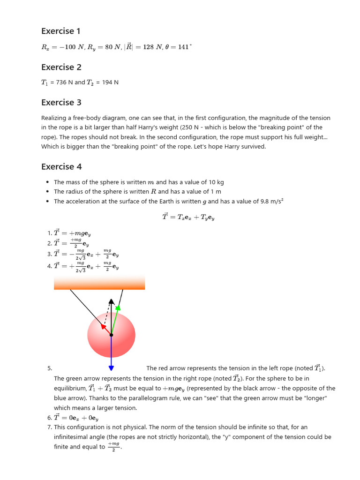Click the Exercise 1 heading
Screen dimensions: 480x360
61,31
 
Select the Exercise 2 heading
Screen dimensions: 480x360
61,67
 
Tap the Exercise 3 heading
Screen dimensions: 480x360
61,102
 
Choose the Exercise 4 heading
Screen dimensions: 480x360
61,166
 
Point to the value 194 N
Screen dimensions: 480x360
110,82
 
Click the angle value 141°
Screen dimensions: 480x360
184,47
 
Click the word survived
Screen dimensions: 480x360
251,147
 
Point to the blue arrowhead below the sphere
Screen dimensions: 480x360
111,367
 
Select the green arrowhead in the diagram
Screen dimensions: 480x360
118,307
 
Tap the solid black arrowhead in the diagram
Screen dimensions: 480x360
111,301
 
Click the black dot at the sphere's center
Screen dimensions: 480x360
111,335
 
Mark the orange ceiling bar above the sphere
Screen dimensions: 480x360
99,283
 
